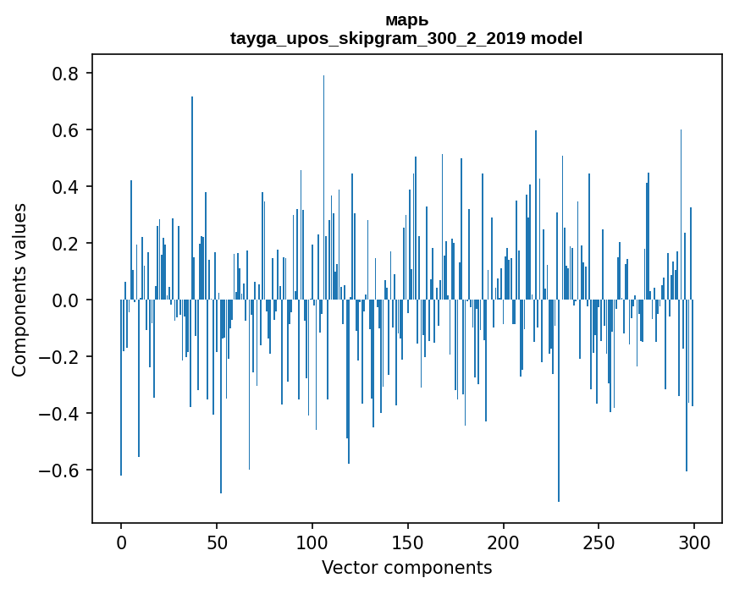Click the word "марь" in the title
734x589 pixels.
click(406, 20)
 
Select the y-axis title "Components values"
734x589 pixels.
click(19, 289)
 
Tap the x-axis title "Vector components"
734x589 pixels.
click(406, 567)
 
